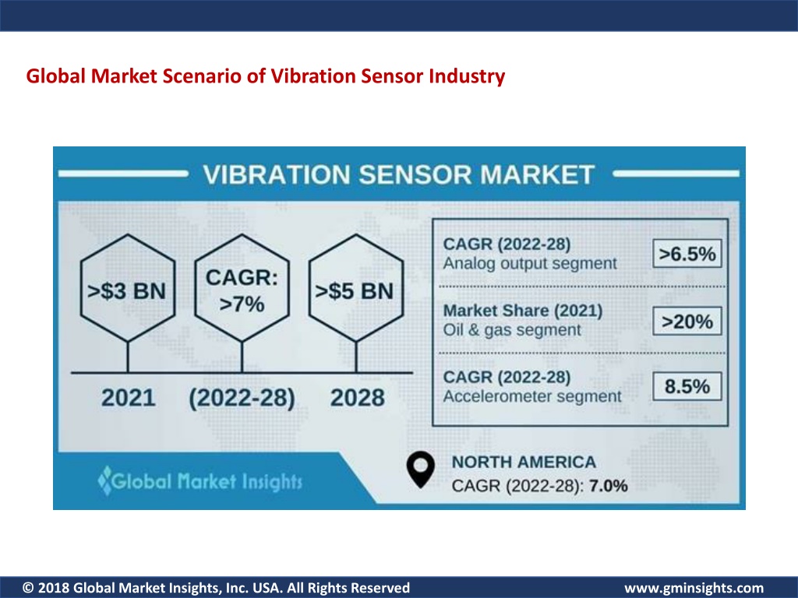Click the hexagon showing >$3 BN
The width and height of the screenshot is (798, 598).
pos(128,288)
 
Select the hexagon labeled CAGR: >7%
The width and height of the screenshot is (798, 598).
pos(242,288)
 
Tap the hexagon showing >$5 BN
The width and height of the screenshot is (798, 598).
pos(355,288)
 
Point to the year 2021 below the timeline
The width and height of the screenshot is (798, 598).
pos(129,398)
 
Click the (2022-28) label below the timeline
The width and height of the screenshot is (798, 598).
pos(242,398)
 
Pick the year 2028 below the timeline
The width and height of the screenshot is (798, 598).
pos(357,398)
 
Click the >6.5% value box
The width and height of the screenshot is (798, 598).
pos(687,253)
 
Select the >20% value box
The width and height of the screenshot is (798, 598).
pos(687,322)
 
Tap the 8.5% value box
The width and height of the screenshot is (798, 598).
pos(687,386)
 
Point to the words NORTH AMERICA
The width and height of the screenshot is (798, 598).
pos(524,463)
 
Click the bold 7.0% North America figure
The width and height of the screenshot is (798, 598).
pos(608,486)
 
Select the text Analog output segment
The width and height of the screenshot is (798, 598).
pos(530,263)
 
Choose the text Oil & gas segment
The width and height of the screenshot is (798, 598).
pos(511,330)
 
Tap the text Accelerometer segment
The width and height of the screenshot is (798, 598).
pos(532,396)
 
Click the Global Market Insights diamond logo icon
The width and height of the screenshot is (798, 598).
pos(105,480)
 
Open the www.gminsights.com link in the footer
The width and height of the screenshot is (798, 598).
pos(694,588)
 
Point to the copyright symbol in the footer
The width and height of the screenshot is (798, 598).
pos(29,588)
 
